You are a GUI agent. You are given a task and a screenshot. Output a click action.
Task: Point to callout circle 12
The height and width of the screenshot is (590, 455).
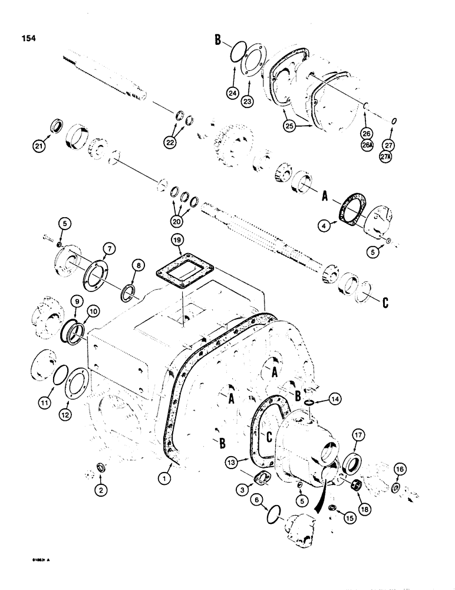click(75, 405)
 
